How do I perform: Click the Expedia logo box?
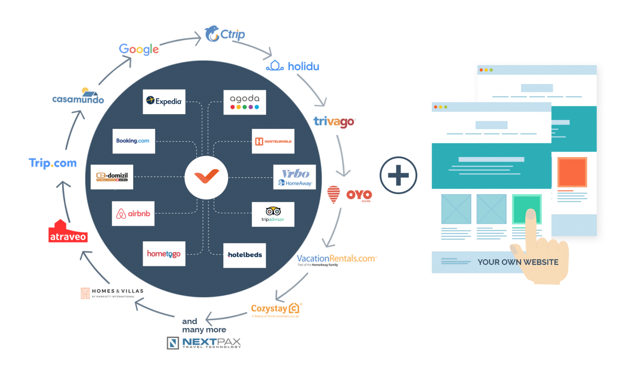click(x=164, y=102)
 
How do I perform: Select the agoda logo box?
click(x=245, y=102)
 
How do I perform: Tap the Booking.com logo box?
click(x=134, y=141)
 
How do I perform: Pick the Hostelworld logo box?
click(x=273, y=141)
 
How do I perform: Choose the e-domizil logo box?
click(x=112, y=177)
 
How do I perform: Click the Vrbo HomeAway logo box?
click(x=294, y=177)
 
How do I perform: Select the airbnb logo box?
click(x=133, y=214)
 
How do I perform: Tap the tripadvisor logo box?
click(x=273, y=214)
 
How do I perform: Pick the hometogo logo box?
click(x=164, y=254)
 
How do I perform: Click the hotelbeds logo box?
click(x=245, y=255)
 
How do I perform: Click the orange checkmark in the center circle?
click(x=206, y=176)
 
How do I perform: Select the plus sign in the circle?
click(x=399, y=175)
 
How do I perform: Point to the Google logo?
click(x=139, y=49)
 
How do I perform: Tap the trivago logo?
click(x=335, y=122)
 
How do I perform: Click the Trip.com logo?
click(x=53, y=163)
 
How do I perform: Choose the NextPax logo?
click(x=204, y=343)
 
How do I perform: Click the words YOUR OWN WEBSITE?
click(x=518, y=262)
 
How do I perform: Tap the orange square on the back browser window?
click(x=572, y=172)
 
